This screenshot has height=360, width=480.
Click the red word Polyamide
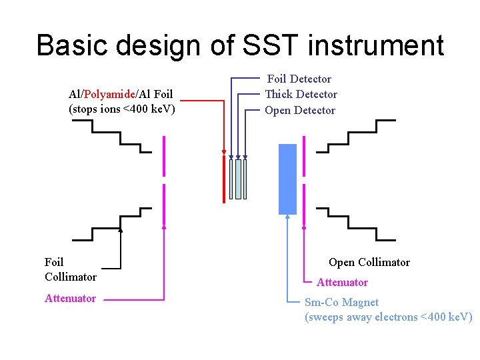tap(111, 95)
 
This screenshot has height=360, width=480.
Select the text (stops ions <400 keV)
tap(122, 109)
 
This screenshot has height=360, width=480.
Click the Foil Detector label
tap(299, 79)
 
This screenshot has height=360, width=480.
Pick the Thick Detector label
tap(301, 94)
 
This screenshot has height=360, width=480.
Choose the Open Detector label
tap(300, 110)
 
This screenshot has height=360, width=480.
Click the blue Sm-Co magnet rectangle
tap(287, 179)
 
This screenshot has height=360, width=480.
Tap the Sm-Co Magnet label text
tap(341, 302)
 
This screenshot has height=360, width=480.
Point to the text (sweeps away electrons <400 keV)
tap(388, 317)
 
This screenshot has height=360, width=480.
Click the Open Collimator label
tap(369, 262)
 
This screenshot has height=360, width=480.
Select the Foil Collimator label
tap(70, 269)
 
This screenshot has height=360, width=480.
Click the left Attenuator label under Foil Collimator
tap(70, 298)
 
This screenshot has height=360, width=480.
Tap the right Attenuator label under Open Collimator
tap(342, 282)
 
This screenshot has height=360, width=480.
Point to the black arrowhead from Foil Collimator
tap(121, 230)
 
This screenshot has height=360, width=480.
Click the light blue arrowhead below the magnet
tap(287, 217)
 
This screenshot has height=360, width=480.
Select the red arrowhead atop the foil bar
tap(224, 151)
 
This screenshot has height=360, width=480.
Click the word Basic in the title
tap(71, 45)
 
